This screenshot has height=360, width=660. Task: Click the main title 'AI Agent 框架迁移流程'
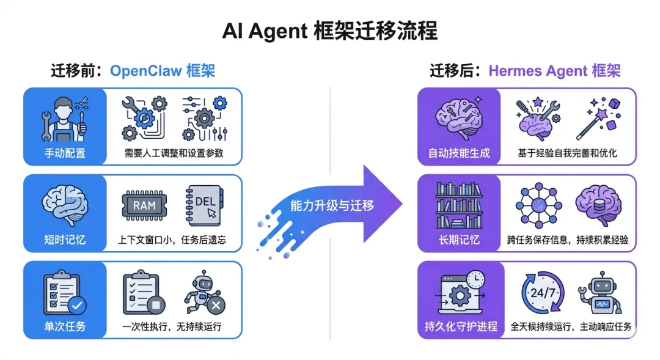click(x=330, y=31)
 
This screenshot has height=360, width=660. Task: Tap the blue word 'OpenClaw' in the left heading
click(x=145, y=71)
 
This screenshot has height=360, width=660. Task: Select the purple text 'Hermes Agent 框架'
click(x=554, y=71)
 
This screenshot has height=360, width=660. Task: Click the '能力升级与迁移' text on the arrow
click(x=332, y=205)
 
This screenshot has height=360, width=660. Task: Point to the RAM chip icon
click(x=145, y=206)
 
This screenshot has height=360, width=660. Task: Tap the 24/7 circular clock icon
click(x=543, y=293)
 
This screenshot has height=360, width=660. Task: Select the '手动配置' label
click(x=64, y=153)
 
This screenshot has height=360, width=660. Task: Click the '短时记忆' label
click(x=64, y=240)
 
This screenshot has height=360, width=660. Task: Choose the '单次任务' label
click(x=64, y=326)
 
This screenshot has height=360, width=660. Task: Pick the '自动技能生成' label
click(x=459, y=153)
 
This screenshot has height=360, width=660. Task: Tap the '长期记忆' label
click(x=459, y=240)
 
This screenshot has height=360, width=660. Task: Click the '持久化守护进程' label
click(x=461, y=326)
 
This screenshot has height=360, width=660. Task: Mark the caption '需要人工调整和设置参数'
click(x=173, y=153)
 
